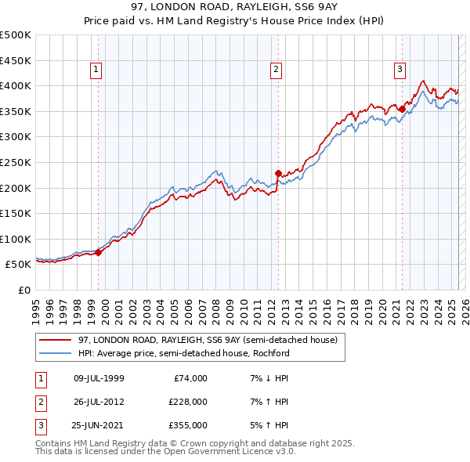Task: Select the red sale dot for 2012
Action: pos(278,173)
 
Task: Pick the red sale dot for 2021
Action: pos(402,109)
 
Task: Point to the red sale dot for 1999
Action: pos(99,252)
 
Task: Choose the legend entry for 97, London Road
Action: pos(207,340)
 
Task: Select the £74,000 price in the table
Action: pos(189,378)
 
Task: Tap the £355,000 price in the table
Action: pos(189,425)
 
